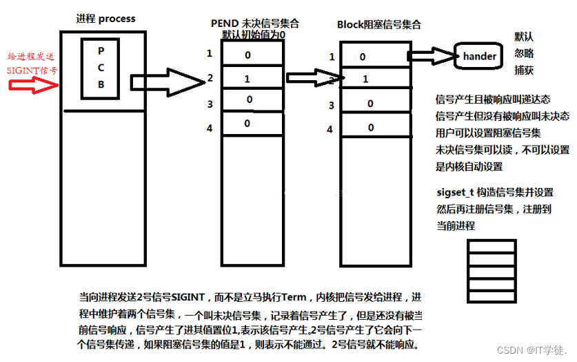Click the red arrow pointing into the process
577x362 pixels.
pyautogui.click(x=33, y=86)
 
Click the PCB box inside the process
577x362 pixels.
pyautogui.click(x=101, y=67)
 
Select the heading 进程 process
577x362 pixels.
pyautogui.click(x=105, y=19)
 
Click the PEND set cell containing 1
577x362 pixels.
pyautogui.click(x=248, y=79)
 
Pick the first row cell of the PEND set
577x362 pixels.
pyautogui.click(x=248, y=54)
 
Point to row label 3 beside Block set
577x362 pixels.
pyautogui.click(x=332, y=105)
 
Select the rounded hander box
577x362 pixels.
pyautogui.click(x=479, y=56)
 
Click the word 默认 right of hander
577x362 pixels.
pyautogui.click(x=524, y=36)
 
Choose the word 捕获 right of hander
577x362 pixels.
pyautogui.click(x=524, y=70)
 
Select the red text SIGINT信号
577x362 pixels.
pyautogui.click(x=32, y=70)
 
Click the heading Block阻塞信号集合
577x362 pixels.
pyautogui.click(x=378, y=25)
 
